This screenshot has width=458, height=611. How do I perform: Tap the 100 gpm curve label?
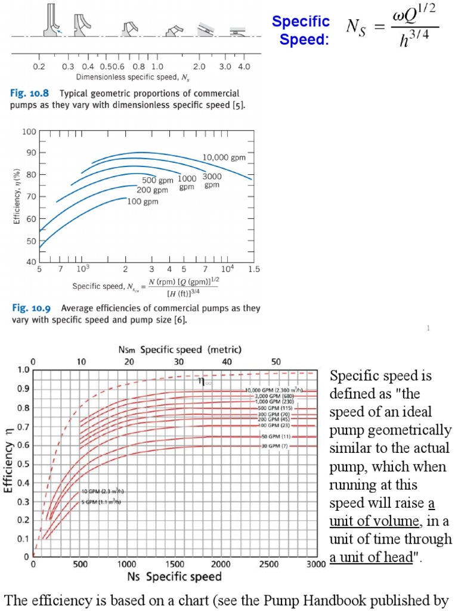click(143, 202)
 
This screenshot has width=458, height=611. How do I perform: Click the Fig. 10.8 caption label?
click(30, 94)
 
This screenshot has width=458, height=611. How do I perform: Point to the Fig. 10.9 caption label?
click(30, 308)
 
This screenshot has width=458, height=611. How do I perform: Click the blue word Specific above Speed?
click(301, 22)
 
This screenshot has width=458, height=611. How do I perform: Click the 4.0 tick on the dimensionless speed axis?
click(243, 67)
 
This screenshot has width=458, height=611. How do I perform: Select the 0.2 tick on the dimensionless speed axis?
click(39, 67)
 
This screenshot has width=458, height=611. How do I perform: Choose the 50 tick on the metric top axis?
click(276, 362)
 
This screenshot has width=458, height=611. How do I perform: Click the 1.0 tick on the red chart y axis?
click(23, 370)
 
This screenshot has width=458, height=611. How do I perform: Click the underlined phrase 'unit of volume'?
click(375, 521)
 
